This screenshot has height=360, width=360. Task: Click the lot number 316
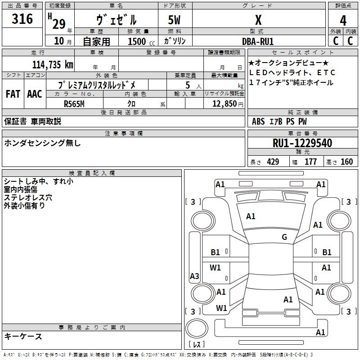click(x=22, y=19)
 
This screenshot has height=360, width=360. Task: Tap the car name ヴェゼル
click(x=116, y=20)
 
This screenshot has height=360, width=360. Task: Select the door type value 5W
click(x=175, y=20)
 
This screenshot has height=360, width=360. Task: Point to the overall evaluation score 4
click(x=343, y=20)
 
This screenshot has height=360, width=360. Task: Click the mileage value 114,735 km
click(x=53, y=65)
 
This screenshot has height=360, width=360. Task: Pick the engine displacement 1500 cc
click(x=137, y=41)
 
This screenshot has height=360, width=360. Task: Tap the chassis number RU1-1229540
click(x=302, y=143)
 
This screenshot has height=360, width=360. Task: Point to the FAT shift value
click(x=13, y=94)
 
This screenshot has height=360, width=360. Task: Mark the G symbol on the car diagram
click(x=284, y=237)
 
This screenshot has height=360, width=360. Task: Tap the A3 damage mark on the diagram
click(x=194, y=276)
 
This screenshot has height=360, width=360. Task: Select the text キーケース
click(x=23, y=337)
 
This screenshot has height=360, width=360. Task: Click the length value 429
click(x=272, y=162)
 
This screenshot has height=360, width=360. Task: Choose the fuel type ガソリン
click(x=175, y=41)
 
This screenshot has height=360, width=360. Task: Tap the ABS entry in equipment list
click(x=258, y=121)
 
